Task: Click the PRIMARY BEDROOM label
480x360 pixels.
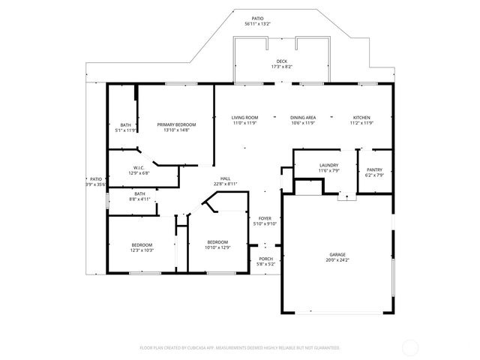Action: tap(176, 124)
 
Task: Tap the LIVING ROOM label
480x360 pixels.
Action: tap(244, 118)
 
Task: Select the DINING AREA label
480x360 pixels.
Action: tap(303, 118)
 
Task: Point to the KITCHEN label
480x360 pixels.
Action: tap(362, 118)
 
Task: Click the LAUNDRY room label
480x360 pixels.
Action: tap(328, 165)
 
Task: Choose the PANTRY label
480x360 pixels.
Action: tap(375, 169)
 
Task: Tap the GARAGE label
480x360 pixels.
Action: tap(337, 254)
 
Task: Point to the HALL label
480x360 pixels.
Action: tap(225, 178)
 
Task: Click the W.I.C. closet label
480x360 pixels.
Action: tap(139, 167)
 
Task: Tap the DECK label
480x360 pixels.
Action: tap(281, 61)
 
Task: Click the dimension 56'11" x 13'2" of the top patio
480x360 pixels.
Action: tap(258, 24)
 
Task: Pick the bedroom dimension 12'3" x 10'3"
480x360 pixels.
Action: tap(142, 250)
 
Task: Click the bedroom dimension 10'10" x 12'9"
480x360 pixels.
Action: tap(218, 247)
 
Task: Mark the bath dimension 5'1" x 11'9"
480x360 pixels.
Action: tap(126, 130)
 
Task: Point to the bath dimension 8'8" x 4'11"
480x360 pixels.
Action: tap(140, 199)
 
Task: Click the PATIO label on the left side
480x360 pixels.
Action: tap(96, 178)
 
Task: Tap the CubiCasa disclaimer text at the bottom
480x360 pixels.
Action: tap(240, 348)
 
